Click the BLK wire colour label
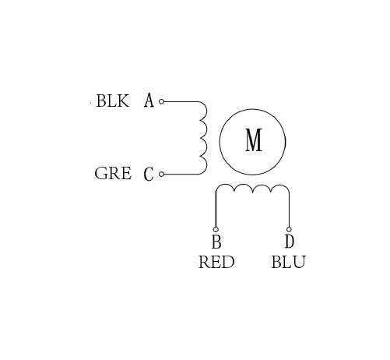coord(112,101)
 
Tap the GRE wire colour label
coord(113,173)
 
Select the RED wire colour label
coord(216,262)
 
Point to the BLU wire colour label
coord(289,262)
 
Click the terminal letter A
coord(149,101)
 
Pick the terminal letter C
coord(149,174)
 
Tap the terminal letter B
coord(216,242)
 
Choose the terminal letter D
coord(290,242)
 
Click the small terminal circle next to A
coord(161,101)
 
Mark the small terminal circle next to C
coord(161,174)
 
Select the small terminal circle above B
coord(216,229)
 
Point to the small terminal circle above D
coord(289,229)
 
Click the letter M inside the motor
coord(254,140)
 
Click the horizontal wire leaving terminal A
coord(181,101)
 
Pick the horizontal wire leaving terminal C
coord(181,174)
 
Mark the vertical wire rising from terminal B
coord(216,210)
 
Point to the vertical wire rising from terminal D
coord(289,210)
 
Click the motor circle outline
coord(220,142)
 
